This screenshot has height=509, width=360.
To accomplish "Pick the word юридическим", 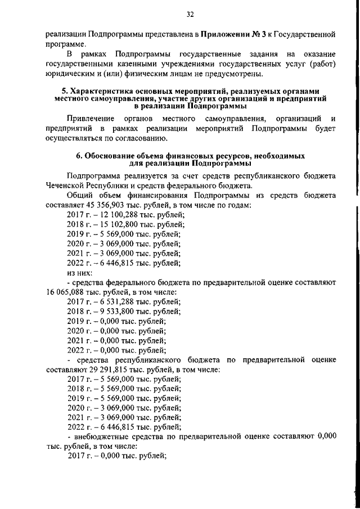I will (73, 73).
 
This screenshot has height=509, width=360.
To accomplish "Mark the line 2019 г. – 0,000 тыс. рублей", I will (116, 322).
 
